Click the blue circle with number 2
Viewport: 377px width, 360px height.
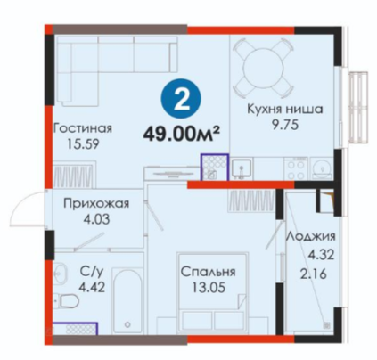tap(181, 99)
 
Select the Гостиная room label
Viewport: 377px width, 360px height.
tap(83, 128)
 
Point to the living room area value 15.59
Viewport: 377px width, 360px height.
tap(83, 144)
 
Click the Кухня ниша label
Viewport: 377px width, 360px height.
tap(285, 110)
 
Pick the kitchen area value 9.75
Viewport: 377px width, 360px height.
tap(285, 125)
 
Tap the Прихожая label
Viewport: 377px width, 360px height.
tap(96, 204)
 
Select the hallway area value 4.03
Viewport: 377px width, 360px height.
tap(96, 219)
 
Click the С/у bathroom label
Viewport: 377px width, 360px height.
tap(92, 271)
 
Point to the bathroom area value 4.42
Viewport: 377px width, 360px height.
tap(92, 287)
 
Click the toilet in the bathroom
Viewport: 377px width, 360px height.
tap(68, 301)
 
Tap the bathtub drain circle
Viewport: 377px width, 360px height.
tap(127, 324)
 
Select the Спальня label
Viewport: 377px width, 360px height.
tap(209, 272)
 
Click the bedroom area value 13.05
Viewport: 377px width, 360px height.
tap(209, 288)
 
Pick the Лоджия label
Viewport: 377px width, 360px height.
tap(311, 237)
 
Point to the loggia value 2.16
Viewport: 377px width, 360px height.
tap(313, 274)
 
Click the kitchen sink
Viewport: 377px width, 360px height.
tap(242, 169)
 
